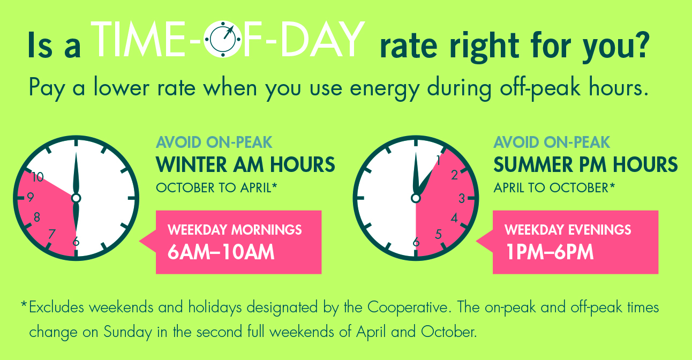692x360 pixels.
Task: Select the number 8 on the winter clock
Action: point(36,217)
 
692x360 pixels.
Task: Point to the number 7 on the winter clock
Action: point(51,234)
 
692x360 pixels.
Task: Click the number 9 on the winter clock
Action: point(30,197)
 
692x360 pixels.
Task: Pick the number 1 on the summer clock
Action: point(439,159)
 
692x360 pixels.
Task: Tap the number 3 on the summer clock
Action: point(462,199)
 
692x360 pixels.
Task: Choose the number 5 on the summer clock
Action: point(439,234)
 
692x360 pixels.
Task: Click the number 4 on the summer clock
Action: point(455,218)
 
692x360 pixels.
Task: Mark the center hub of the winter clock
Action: point(76,198)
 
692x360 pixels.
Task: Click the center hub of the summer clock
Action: point(416,198)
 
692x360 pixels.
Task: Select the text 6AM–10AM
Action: point(221,252)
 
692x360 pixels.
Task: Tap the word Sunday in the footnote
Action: point(127,332)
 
